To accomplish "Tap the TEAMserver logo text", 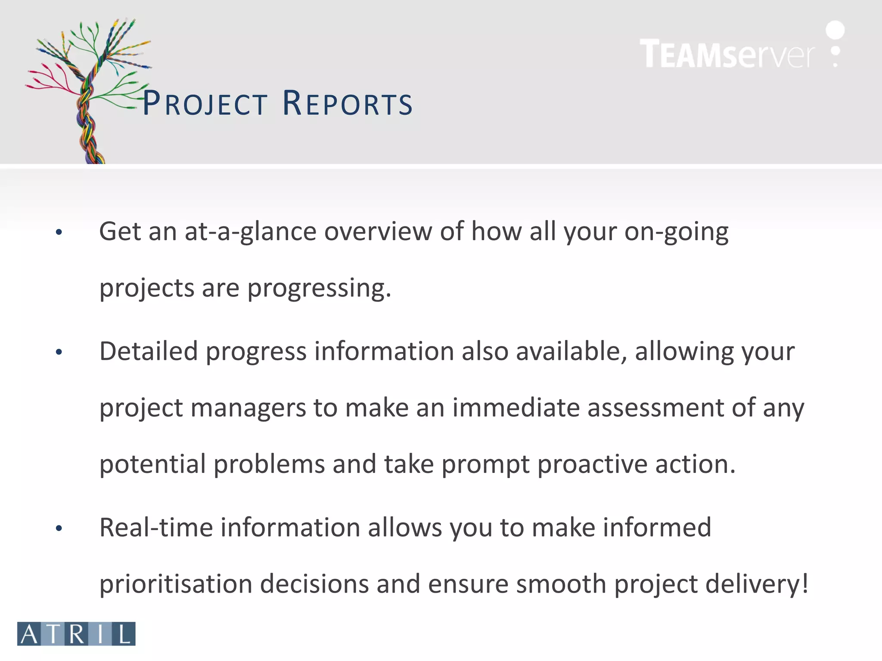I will (x=727, y=54).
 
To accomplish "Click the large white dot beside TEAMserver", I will (x=835, y=30).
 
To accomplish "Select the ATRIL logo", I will (x=76, y=633).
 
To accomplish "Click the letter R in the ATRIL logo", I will (x=77, y=633).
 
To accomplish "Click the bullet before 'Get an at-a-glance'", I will (x=59, y=232).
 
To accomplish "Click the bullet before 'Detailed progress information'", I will (x=59, y=352).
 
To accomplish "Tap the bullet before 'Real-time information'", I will (x=59, y=528).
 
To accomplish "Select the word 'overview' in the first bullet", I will (x=378, y=232).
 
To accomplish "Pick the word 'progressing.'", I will (x=319, y=288).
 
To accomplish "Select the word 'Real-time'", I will (x=156, y=527).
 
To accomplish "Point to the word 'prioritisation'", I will (x=176, y=584).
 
